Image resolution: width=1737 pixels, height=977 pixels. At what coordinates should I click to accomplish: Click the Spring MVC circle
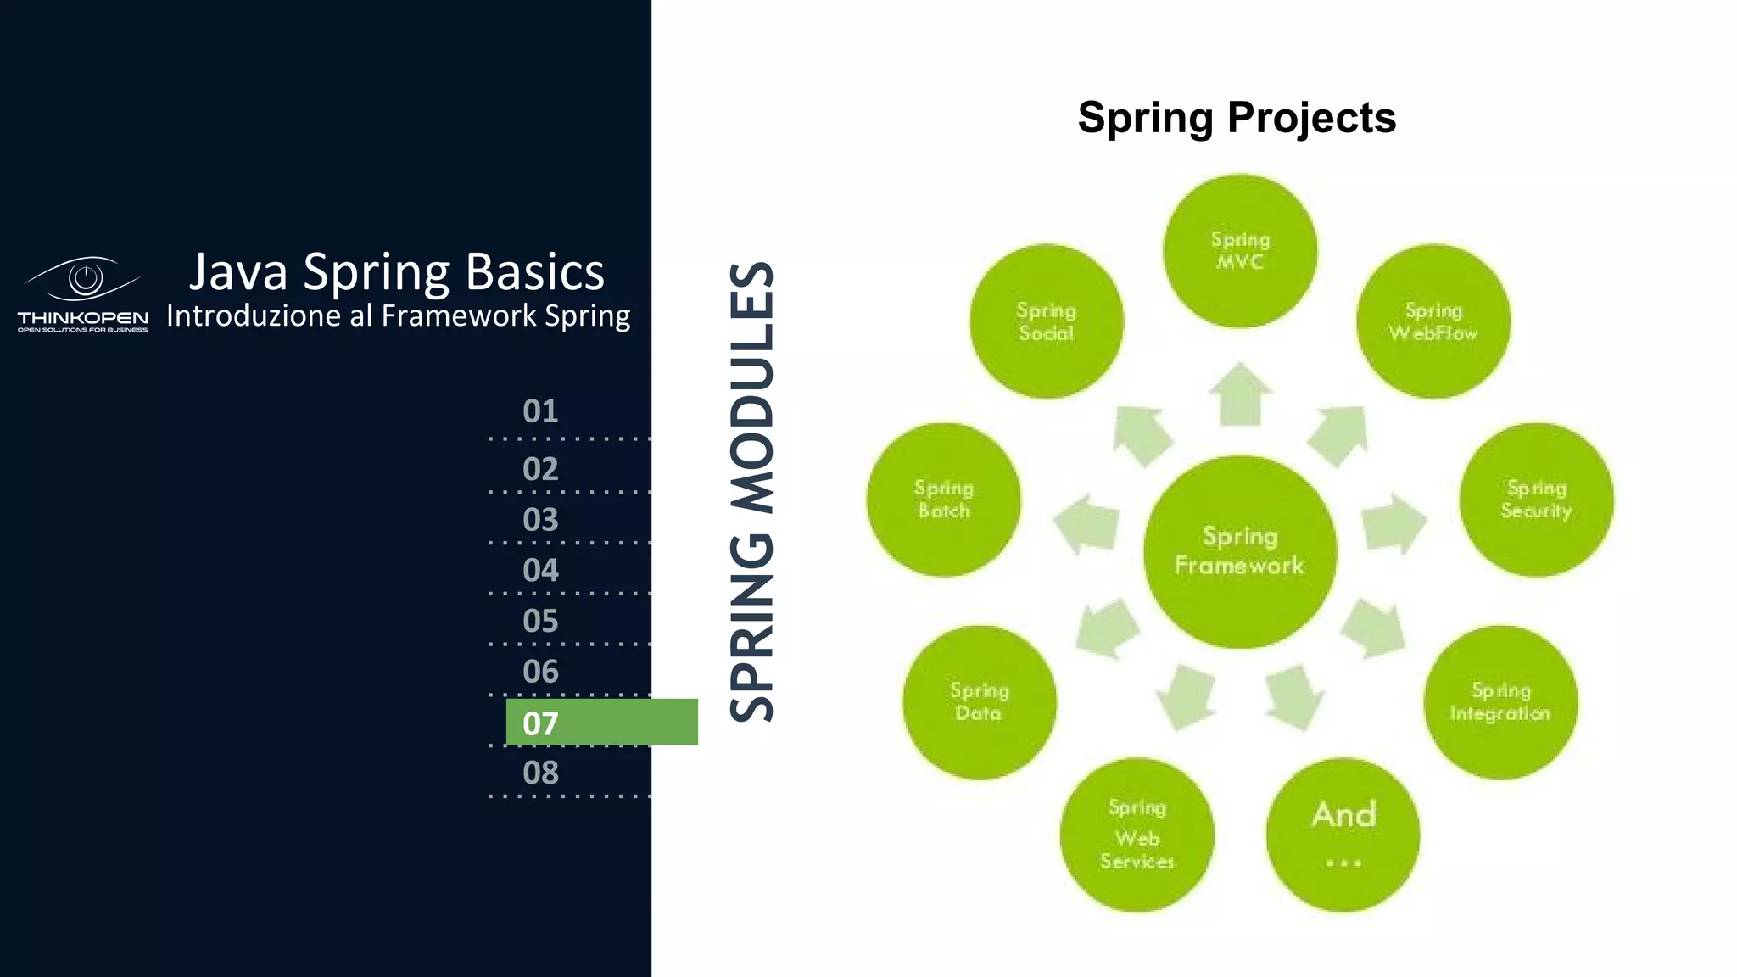click(x=1239, y=251)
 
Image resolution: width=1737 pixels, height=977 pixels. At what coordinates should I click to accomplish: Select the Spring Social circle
click(x=1046, y=321)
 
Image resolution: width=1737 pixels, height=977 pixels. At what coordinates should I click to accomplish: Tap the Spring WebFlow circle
click(x=1433, y=321)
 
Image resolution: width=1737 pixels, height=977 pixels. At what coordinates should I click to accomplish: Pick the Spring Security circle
click(x=1536, y=500)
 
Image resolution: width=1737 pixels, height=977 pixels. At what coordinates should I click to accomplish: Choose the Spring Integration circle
click(x=1500, y=702)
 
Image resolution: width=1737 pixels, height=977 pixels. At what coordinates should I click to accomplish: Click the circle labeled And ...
click(x=1343, y=835)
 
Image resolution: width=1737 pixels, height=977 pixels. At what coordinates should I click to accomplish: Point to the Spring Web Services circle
click(x=1137, y=835)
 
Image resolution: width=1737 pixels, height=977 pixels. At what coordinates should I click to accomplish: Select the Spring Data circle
click(x=979, y=702)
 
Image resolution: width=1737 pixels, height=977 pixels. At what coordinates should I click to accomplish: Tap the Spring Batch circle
click(x=943, y=500)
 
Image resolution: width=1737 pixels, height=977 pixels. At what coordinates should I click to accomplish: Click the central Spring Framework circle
click(x=1239, y=551)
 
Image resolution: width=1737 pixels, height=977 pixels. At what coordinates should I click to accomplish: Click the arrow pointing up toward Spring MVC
click(x=1239, y=395)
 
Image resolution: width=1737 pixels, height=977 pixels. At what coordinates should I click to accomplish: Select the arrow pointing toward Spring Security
click(x=1393, y=524)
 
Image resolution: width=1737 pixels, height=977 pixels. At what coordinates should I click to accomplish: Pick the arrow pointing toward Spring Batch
click(x=1087, y=524)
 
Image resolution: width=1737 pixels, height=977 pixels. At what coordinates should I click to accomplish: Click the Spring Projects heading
click(x=1236, y=117)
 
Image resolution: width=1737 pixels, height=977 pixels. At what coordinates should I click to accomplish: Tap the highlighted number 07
click(x=541, y=723)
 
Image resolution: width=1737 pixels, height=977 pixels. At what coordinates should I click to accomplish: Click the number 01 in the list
click(x=540, y=411)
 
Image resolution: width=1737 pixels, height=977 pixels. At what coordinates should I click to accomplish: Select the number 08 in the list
click(x=540, y=773)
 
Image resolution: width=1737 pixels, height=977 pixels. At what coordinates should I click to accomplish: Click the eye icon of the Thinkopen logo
click(x=84, y=278)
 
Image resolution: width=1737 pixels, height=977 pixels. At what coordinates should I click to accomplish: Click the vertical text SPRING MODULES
click(x=752, y=492)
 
